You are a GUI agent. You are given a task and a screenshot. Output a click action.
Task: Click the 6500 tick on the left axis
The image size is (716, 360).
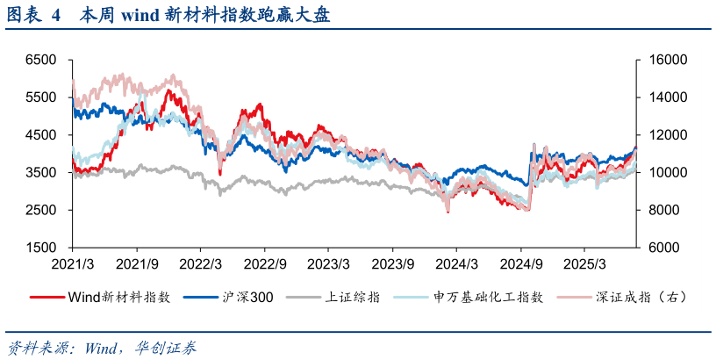click(40, 60)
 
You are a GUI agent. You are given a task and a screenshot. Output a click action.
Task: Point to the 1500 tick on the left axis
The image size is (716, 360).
click(40, 248)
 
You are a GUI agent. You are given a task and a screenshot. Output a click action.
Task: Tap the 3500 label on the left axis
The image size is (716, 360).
click(40, 173)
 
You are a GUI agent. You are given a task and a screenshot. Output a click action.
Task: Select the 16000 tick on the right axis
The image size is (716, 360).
click(657, 60)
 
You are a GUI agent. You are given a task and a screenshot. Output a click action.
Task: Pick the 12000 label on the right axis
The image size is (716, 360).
click(657, 135)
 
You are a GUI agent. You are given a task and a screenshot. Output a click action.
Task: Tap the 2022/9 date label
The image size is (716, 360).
click(265, 263)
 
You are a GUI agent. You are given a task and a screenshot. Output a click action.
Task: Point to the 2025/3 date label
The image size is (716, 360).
click(585, 263)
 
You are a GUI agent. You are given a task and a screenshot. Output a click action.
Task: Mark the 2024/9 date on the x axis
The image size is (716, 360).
click(520, 263)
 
